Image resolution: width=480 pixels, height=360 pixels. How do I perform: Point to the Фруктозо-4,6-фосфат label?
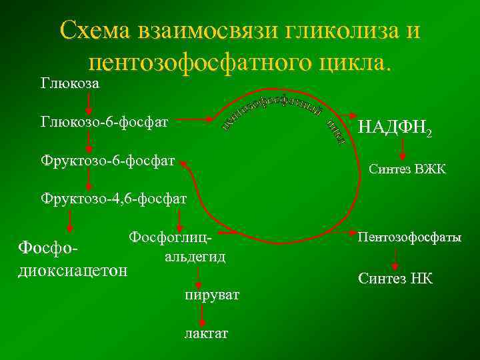[113, 198]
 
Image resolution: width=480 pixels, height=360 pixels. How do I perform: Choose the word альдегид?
[192, 256]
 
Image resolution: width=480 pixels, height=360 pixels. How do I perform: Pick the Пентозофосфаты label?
[409, 237]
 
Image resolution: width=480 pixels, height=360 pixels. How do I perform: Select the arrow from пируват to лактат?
[202, 313]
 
